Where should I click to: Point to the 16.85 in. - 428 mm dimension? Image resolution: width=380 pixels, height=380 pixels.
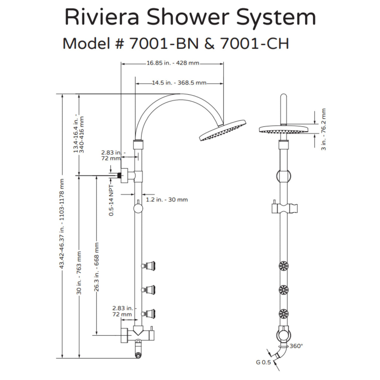pos(173,63)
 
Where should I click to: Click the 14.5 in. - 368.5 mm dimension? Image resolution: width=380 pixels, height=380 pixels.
pos(179,83)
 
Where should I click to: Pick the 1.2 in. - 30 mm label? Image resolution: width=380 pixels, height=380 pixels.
pos(167,199)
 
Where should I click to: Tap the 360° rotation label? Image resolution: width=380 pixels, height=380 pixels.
pos(296,346)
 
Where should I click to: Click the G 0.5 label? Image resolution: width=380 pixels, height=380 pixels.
pos(263,363)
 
